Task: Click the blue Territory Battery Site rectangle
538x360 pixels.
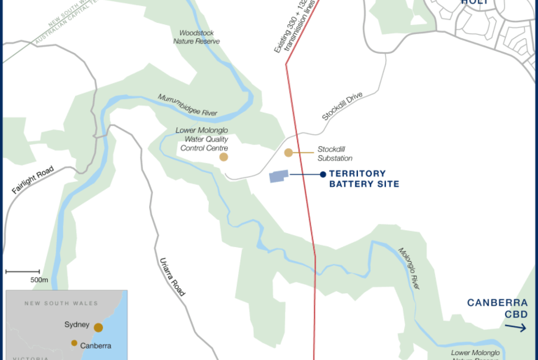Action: coord(279,176)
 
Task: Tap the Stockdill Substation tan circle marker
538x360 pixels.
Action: coord(289,153)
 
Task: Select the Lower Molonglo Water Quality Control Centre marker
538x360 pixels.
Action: coord(224,157)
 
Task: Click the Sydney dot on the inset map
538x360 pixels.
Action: coord(99,327)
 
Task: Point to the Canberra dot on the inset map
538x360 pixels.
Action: coord(74,343)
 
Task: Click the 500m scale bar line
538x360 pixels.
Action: coord(23,271)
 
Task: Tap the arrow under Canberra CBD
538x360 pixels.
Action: coord(516,328)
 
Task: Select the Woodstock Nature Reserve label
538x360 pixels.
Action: coord(197,37)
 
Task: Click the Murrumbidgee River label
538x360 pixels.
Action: coord(188,105)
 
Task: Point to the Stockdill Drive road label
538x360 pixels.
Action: coord(342,106)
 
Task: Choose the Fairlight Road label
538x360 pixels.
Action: coord(33,180)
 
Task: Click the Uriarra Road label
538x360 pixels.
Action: coord(172,277)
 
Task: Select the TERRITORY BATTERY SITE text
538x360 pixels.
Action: coord(364,179)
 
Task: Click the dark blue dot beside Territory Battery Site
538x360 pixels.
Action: coord(323,174)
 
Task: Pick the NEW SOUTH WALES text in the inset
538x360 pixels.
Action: coord(61,303)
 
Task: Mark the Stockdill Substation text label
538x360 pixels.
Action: coord(335,153)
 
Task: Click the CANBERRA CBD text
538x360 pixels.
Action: coord(497,308)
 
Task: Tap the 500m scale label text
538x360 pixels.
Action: coord(39,280)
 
